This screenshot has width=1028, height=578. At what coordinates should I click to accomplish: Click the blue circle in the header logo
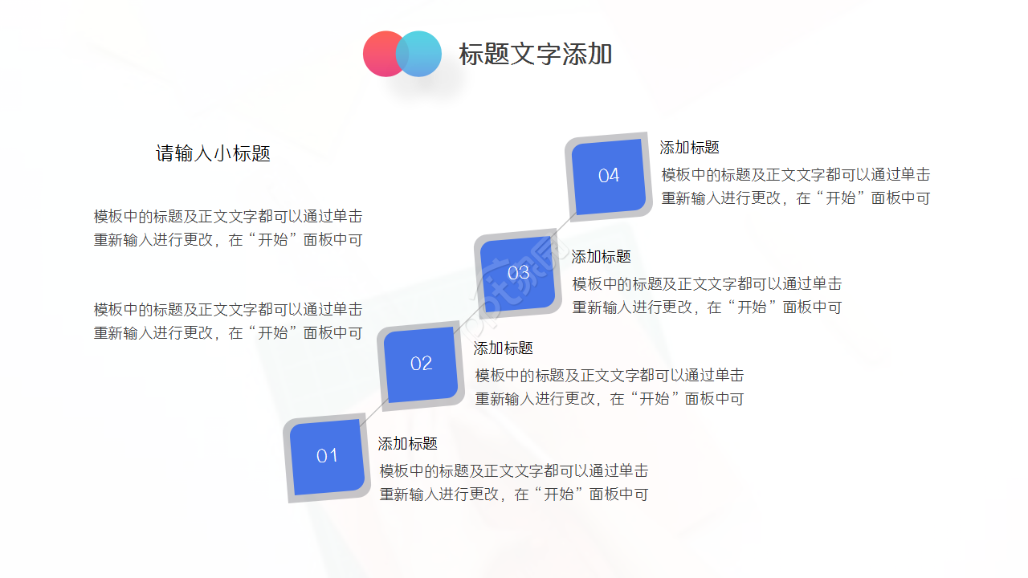(422, 54)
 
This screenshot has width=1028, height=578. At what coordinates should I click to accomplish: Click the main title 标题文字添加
(536, 54)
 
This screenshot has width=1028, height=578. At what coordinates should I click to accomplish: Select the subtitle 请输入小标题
(213, 153)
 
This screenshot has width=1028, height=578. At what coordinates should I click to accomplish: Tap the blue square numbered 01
(327, 456)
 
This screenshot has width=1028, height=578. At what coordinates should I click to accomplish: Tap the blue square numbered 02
(421, 364)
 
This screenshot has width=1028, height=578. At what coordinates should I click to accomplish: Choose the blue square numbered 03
(518, 273)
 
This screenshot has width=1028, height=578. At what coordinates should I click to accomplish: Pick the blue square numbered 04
(609, 176)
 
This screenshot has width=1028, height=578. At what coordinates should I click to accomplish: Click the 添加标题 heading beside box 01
(408, 444)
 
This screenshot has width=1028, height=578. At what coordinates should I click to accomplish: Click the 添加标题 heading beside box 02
(504, 348)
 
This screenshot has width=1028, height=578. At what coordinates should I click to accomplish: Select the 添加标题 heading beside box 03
(602, 257)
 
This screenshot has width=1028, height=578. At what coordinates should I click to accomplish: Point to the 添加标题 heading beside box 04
(690, 148)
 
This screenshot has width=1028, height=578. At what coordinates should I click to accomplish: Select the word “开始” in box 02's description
(655, 398)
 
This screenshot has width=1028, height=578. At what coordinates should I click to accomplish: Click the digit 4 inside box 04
(614, 176)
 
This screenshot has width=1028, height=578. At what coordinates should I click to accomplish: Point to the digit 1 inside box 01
(333, 456)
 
